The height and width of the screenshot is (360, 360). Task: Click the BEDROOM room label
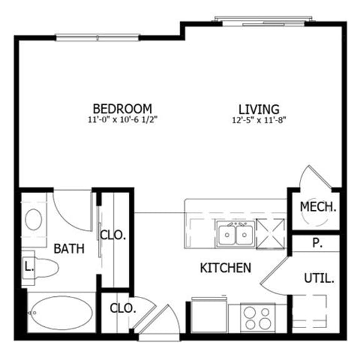click(122, 108)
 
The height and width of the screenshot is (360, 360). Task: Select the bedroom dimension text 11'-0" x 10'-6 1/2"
click(122, 119)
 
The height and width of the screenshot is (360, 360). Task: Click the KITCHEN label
click(226, 268)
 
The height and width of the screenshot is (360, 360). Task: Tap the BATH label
click(69, 248)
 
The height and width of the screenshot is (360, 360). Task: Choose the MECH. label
click(319, 207)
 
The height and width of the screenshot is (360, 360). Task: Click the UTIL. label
click(319, 278)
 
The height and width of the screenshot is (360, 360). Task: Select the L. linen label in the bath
click(28, 266)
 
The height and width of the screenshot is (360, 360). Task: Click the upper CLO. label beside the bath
click(114, 236)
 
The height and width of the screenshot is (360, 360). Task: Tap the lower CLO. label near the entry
click(120, 307)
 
